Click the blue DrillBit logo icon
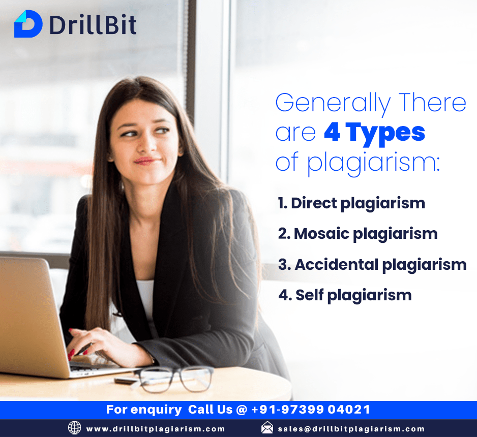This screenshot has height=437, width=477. [x=28, y=24]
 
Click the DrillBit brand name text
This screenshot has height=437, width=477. [x=93, y=24]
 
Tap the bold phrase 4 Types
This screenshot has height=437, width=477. [x=374, y=132]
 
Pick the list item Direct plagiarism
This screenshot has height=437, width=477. [x=351, y=203]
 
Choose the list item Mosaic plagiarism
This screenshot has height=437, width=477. [x=357, y=234]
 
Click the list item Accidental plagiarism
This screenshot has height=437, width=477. [x=372, y=264]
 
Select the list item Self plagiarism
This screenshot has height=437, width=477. [x=344, y=295]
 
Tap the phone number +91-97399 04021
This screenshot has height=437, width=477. [x=311, y=409]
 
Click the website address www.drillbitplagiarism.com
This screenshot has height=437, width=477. [x=156, y=429]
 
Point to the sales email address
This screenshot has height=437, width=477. [x=351, y=429]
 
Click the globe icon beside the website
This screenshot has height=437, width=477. [x=75, y=428]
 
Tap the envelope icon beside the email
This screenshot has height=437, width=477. [x=267, y=428]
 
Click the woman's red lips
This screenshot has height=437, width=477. [x=145, y=161]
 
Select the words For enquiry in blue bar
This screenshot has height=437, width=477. [x=144, y=409]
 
